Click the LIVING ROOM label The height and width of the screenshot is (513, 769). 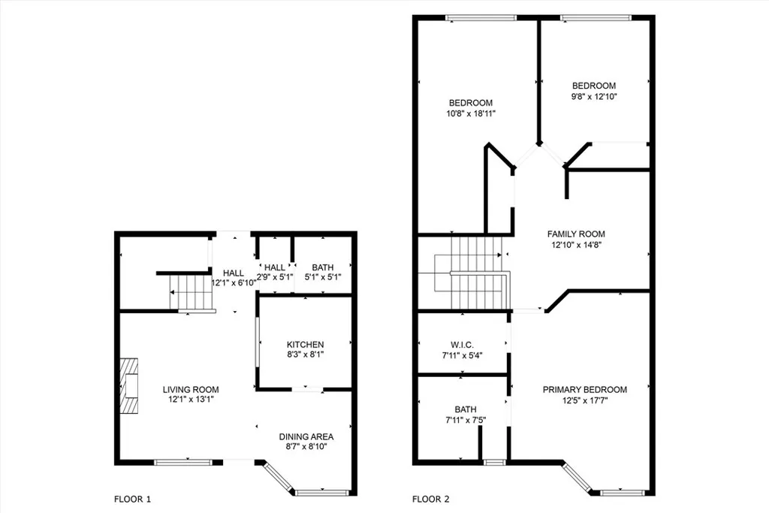191,389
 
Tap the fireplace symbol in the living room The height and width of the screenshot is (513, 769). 131,384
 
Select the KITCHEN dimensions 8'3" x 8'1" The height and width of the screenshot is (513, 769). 305,355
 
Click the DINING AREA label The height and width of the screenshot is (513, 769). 306,436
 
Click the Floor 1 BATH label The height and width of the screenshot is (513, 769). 323,267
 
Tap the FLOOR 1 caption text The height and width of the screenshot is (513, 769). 132,499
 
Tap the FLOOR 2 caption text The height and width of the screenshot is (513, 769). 431,499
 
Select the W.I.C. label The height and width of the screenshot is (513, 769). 463,345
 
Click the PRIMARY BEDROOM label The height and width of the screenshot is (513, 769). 584,389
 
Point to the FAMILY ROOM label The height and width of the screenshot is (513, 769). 576,234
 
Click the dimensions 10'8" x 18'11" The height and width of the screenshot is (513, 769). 471,113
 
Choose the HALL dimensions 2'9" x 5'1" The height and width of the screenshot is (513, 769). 275,276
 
